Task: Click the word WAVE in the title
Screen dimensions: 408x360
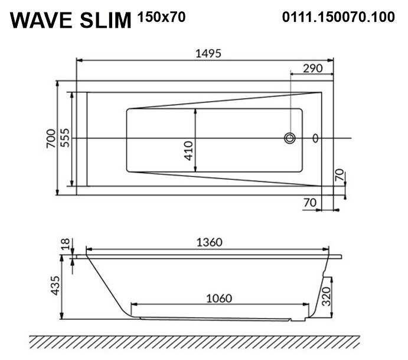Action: (41, 20)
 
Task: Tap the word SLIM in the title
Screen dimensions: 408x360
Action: (105, 20)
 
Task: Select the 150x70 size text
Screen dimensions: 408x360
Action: (161, 17)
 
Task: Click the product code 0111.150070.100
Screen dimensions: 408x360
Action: (338, 17)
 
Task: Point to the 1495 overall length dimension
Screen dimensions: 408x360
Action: (208, 53)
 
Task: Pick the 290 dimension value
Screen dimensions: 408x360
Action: (313, 68)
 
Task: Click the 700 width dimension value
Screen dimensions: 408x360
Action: (51, 138)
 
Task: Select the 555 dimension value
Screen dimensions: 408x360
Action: (65, 138)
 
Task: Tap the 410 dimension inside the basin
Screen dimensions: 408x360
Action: (188, 151)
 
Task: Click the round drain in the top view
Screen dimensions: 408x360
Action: (290, 138)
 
